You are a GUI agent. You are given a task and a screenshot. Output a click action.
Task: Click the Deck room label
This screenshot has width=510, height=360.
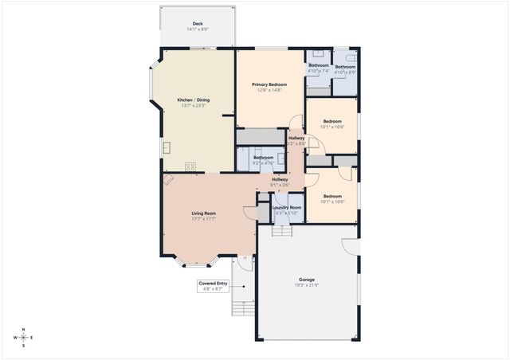point(197,23)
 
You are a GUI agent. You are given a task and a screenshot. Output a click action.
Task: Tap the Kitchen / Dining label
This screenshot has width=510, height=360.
point(194,100)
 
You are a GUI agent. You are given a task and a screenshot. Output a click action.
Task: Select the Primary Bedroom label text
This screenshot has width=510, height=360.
point(269,84)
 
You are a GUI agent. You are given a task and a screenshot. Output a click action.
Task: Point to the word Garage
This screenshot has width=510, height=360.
point(307,280)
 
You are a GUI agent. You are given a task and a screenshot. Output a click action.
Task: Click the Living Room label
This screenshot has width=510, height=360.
point(204,213)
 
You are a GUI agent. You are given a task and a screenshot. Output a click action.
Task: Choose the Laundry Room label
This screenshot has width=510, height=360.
point(287,207)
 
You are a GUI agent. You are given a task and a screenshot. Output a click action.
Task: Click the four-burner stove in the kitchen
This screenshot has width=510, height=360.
point(191,166)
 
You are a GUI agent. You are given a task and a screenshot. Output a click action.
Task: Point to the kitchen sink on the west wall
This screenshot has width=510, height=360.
point(167,147)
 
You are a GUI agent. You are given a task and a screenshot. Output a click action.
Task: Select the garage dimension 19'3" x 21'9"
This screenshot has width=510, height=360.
point(307,285)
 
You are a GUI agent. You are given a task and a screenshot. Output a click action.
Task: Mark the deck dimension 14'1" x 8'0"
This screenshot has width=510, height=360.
point(197,29)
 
